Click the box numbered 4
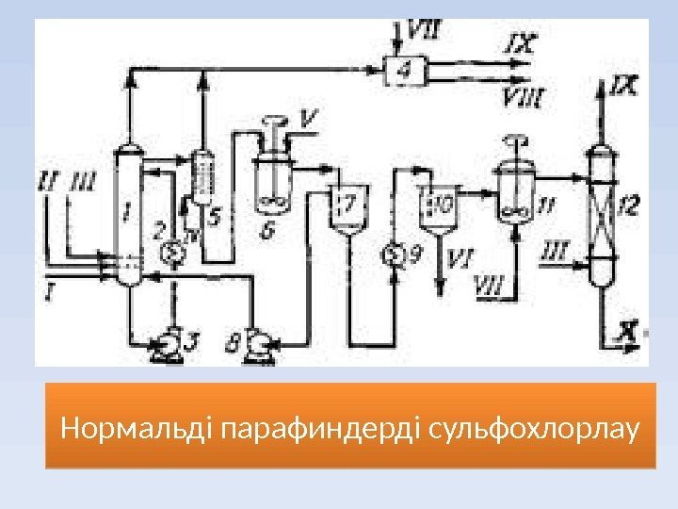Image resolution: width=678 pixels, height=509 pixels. (404, 68)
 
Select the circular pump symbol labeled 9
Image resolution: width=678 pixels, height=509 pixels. (393, 254)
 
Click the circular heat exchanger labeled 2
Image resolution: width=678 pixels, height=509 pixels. (171, 253)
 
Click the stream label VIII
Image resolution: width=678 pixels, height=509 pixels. (525, 94)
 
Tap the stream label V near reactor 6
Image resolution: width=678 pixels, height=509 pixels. (307, 119)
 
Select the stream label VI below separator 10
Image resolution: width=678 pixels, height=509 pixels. (460, 255)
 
